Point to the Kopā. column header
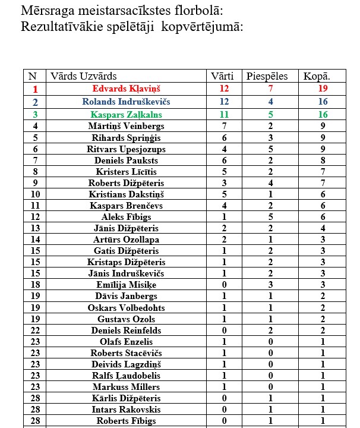point(317,76)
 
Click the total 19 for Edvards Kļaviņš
point(323,89)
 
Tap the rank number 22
point(36,330)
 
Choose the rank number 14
point(36,240)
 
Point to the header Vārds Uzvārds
point(83,76)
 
